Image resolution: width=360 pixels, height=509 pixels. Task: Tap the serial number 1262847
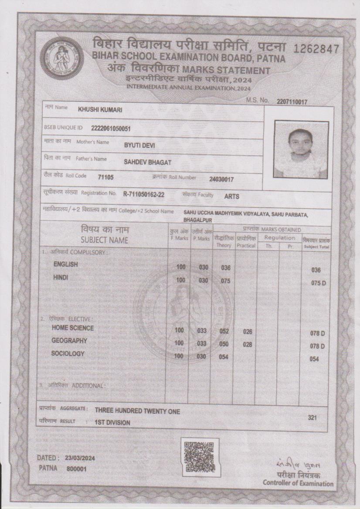click(316, 49)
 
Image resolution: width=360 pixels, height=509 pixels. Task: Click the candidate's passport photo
click(301, 149)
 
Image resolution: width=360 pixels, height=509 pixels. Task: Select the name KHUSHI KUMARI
click(100, 110)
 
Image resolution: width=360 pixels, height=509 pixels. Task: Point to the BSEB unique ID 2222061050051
click(111, 128)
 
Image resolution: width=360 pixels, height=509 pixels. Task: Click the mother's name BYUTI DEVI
click(139, 145)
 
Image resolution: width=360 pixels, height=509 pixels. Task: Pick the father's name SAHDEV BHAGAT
click(148, 162)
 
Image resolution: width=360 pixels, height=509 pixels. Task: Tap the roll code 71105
click(106, 177)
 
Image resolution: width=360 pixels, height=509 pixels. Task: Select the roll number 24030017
click(221, 179)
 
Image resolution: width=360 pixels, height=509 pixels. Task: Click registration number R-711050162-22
click(144, 194)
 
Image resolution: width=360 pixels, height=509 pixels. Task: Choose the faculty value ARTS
click(232, 196)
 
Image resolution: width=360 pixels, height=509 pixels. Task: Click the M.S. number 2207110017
click(292, 102)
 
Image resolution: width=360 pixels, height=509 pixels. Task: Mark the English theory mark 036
click(225, 268)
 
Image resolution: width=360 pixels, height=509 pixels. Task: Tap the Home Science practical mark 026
click(248, 332)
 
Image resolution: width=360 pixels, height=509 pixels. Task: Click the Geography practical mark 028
click(248, 344)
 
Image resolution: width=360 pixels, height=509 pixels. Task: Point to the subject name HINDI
click(61, 277)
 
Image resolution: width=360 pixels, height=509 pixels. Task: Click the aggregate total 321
click(312, 418)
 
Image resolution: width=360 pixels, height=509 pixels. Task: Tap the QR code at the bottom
click(199, 457)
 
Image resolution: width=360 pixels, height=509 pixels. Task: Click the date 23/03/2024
click(80, 458)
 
